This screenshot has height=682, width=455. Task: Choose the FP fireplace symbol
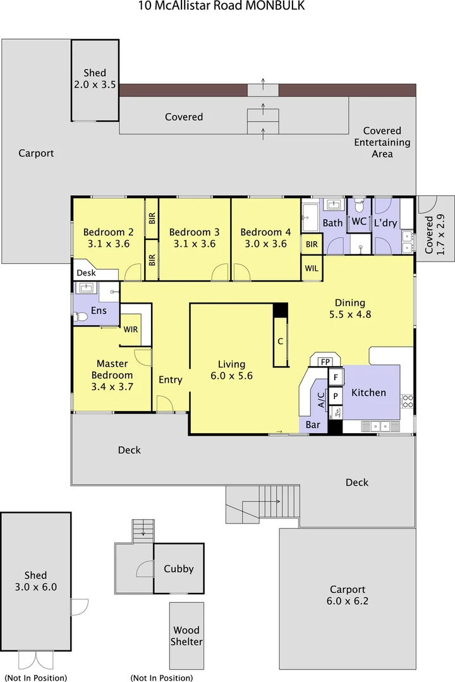(325, 362)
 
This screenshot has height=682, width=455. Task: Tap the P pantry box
(336, 396)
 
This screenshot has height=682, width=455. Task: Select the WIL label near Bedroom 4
(312, 268)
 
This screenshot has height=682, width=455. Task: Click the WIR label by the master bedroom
(131, 330)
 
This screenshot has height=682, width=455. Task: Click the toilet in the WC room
(359, 206)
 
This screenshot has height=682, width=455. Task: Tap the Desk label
(86, 273)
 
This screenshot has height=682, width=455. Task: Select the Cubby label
(178, 568)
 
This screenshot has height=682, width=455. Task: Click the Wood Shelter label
(187, 636)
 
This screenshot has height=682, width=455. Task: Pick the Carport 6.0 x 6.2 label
(347, 595)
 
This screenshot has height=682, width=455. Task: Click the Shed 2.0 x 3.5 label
(95, 78)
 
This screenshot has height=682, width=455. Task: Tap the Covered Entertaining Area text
(382, 142)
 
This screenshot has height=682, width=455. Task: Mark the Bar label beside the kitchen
(313, 425)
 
